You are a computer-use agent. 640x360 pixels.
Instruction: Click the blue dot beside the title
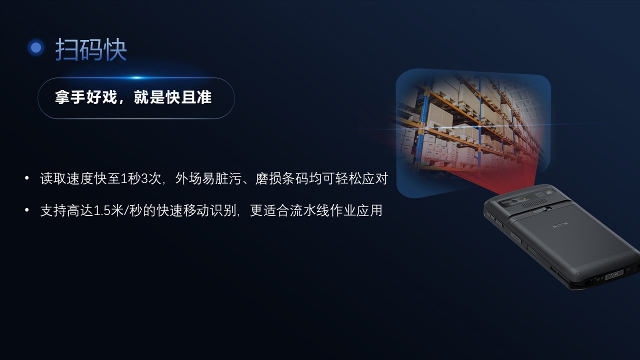coord(36,47)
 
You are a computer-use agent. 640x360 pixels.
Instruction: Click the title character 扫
coord(66,49)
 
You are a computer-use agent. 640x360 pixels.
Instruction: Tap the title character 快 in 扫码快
coord(115,49)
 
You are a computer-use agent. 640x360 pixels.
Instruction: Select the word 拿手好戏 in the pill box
coord(86,97)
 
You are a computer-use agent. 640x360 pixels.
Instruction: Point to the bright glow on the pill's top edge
coord(137,77)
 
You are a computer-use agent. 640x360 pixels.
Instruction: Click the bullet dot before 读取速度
coord(27,178)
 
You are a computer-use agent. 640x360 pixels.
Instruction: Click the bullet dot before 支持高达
coord(27,210)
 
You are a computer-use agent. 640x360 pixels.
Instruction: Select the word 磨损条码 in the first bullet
coord(281,178)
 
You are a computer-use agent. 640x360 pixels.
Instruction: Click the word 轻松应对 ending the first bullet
coord(361,178)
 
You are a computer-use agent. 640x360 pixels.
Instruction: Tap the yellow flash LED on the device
coord(524,198)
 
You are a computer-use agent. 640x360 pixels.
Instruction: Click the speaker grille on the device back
coord(535,203)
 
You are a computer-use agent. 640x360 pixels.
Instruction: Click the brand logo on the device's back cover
coord(560,225)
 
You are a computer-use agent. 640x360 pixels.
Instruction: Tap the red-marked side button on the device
coord(499,222)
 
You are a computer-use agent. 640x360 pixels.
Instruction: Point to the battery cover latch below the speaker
coord(539,210)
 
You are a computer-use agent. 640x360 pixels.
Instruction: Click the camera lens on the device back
coord(514,201)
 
